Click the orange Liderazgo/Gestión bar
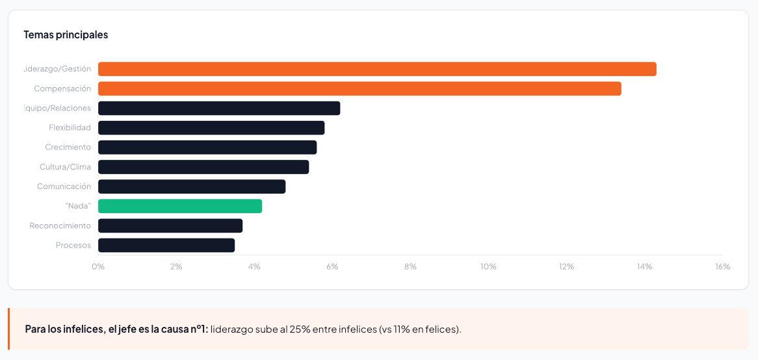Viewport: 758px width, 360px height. pyautogui.click(x=377, y=69)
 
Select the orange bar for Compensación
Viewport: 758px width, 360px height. pyautogui.click(x=359, y=88)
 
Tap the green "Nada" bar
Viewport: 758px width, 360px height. pyautogui.click(x=180, y=206)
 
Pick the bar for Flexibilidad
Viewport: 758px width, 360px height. pyautogui.click(x=211, y=127)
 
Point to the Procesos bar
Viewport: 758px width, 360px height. pyautogui.click(x=166, y=245)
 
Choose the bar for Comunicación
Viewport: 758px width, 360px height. pyautogui.click(x=192, y=186)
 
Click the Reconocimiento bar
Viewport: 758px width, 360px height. pyautogui.click(x=170, y=225)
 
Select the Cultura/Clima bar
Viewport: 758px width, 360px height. pyautogui.click(x=203, y=167)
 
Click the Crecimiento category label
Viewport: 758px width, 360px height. pyautogui.click(x=68, y=147)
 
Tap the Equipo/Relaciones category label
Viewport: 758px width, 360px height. pyautogui.click(x=57, y=108)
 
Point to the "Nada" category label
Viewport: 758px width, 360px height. pyautogui.click(x=78, y=206)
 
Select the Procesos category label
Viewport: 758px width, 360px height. pyautogui.click(x=73, y=245)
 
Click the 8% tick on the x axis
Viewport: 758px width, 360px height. pyautogui.click(x=410, y=266)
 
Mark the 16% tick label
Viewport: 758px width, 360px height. pyautogui.click(x=722, y=266)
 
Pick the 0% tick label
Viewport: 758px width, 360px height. pyautogui.click(x=98, y=266)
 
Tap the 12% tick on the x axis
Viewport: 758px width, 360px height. pyautogui.click(x=566, y=266)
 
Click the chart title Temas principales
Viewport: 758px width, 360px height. pyautogui.click(x=66, y=34)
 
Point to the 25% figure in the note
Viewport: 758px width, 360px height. pyautogui.click(x=300, y=329)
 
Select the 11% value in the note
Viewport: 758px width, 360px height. pyautogui.click(x=402, y=329)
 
